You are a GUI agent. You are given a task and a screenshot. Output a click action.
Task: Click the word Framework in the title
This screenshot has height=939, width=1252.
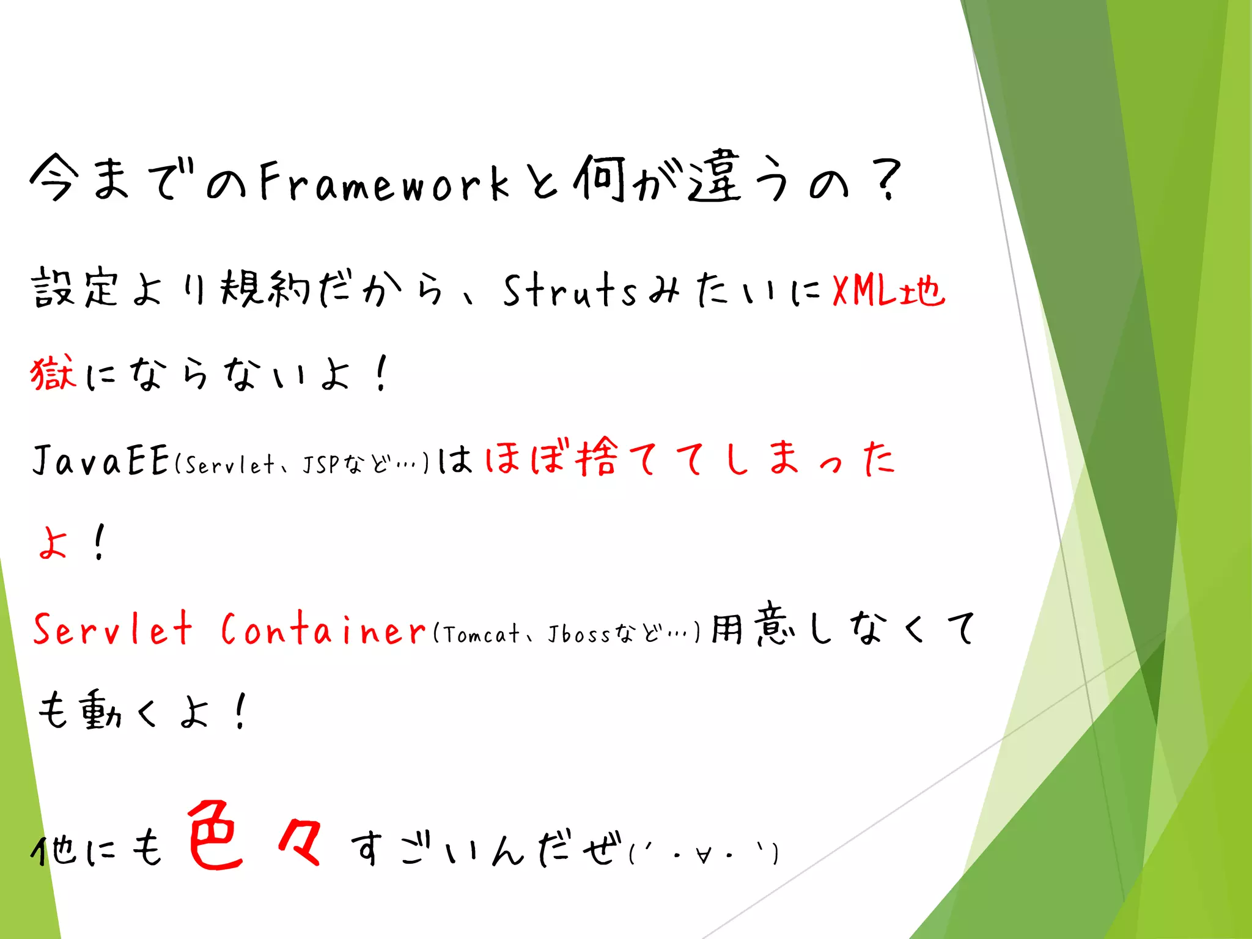384,182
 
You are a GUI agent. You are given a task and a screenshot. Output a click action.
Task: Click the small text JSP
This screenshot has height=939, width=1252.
320,465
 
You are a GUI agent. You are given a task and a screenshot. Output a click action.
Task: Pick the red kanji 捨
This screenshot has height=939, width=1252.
596,457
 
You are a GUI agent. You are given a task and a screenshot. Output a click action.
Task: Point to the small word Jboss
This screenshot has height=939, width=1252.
578,634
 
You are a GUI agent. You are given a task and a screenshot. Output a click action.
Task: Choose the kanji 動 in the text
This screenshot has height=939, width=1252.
101,710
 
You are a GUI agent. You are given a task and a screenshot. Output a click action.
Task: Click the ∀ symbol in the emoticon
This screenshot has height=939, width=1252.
703,855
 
